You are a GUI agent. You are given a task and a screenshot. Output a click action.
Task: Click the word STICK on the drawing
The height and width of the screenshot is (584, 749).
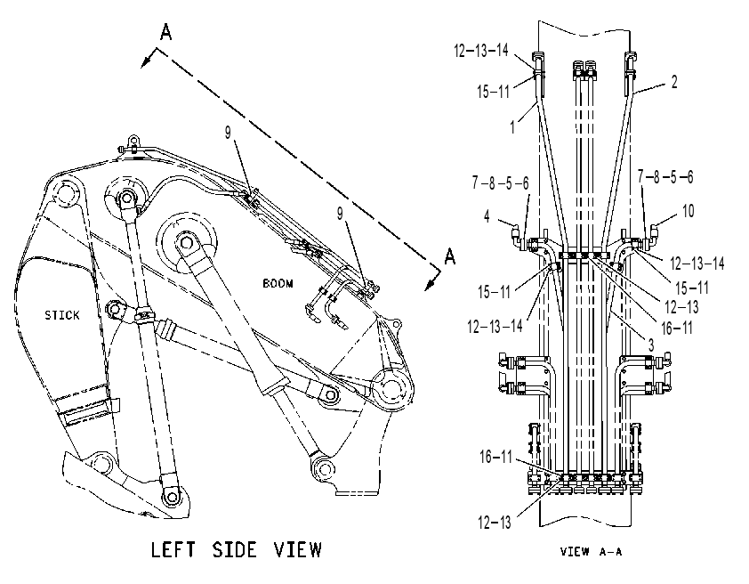click(x=62, y=315)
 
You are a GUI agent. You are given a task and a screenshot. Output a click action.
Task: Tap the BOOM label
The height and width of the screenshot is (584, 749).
click(x=278, y=283)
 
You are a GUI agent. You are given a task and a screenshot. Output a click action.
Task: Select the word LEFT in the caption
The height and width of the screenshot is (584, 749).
click(x=173, y=549)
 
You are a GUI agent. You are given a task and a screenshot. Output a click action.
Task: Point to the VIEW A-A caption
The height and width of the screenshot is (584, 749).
click(x=591, y=552)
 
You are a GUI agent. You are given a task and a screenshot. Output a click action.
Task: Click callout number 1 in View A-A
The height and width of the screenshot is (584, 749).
click(x=512, y=127)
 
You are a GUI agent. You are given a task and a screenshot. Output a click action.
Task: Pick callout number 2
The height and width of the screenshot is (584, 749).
click(x=674, y=82)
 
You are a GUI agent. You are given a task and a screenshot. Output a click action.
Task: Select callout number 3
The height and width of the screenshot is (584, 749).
click(x=650, y=345)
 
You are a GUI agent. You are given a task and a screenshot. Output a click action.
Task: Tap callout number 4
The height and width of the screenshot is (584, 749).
click(x=487, y=216)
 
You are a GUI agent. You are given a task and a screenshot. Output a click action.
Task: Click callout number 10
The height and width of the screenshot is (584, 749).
click(x=688, y=211)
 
